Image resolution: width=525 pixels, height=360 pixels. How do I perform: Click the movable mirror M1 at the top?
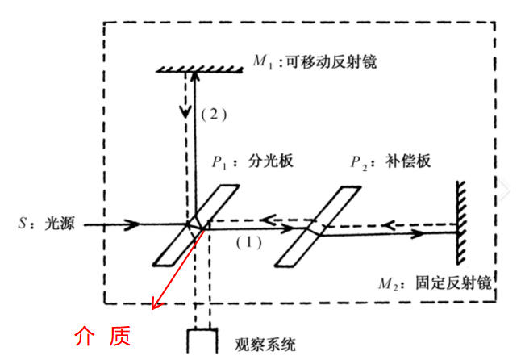tap(200, 69)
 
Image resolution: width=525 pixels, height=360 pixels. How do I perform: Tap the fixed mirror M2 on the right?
tap(460, 223)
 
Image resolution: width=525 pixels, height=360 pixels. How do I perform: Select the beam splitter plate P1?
tap(196, 225)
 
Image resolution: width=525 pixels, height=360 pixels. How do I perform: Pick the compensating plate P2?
tap(318, 227)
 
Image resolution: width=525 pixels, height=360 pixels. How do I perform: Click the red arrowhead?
tap(156, 303)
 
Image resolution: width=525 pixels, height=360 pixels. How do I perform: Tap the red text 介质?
tap(102, 336)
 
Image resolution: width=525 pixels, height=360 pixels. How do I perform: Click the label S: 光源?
tap(46, 224)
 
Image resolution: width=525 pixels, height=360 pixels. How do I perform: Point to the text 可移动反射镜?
tap(331, 61)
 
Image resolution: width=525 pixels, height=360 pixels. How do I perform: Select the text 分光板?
tap(270, 161)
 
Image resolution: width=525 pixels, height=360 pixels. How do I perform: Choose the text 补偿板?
tap(408, 161)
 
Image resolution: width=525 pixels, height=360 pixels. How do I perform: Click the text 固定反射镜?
tap(454, 283)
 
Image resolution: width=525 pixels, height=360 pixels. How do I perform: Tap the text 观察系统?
tap(265, 344)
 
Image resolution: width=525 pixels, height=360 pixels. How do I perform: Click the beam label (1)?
tap(248, 242)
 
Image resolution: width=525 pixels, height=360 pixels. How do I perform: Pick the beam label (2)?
tap(214, 115)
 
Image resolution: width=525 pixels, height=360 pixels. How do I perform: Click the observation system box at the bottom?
tap(202, 341)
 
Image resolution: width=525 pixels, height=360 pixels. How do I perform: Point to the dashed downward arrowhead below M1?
tap(185, 112)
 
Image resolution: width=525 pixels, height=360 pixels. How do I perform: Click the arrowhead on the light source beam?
tap(132, 224)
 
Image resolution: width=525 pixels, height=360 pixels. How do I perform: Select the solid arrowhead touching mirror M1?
tap(194, 77)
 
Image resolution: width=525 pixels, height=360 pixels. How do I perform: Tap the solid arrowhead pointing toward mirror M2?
tap(418, 233)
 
